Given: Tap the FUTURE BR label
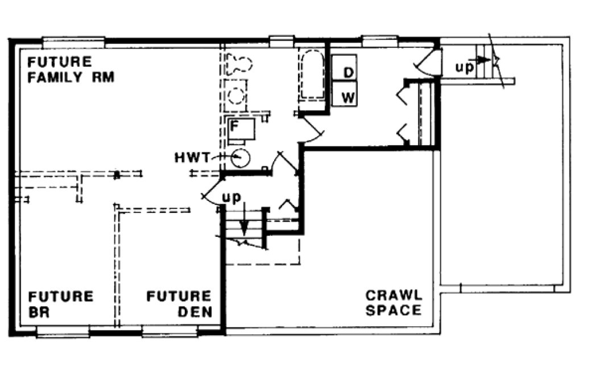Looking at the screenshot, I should pyautogui.click(x=61, y=304).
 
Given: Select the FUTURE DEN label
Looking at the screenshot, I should pyautogui.click(x=179, y=304).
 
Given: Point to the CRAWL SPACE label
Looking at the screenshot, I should pyautogui.click(x=394, y=303).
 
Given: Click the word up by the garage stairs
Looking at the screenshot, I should pyautogui.click(x=463, y=67).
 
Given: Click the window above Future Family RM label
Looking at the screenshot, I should pyautogui.click(x=74, y=42).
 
